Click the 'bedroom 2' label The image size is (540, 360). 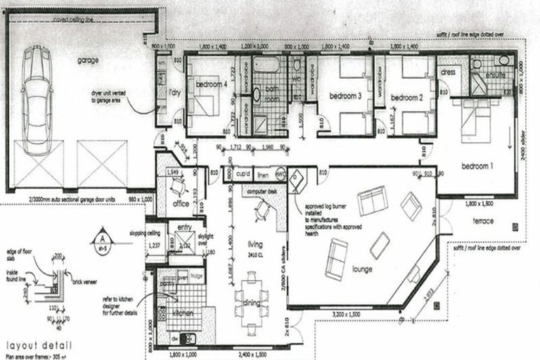point(406,98)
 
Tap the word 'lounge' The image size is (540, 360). point(363,269)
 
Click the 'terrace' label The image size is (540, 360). point(483,221)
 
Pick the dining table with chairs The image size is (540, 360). point(252,304)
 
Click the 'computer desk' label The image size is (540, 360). point(262,192)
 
